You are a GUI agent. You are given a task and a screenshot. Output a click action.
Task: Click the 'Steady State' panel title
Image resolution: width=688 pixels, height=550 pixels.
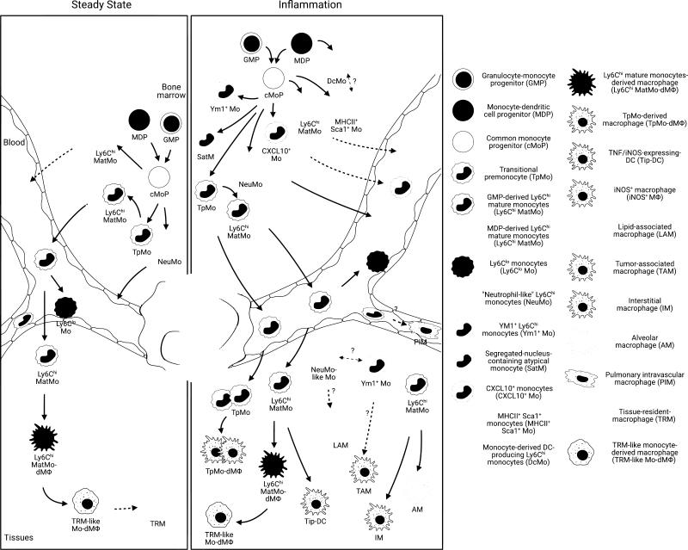94,6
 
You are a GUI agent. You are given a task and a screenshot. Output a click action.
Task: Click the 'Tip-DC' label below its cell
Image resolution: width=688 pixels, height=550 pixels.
319,523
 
